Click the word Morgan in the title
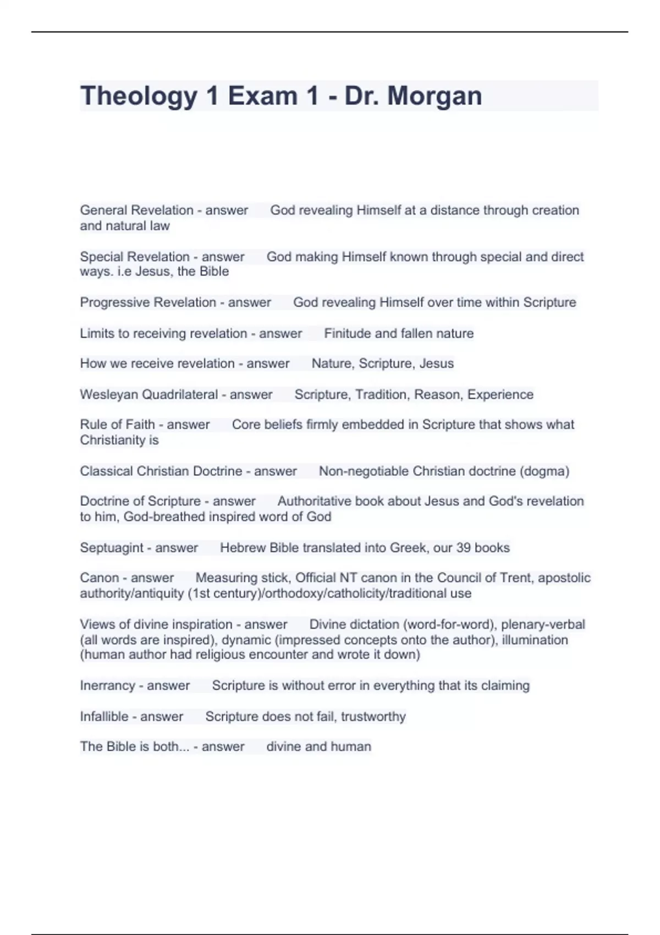435,96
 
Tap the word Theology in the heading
139,96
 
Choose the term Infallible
104,717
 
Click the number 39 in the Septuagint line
463,548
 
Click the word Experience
501,394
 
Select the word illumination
535,640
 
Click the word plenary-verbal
543,625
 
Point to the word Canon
99,578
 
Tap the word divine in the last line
284,746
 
